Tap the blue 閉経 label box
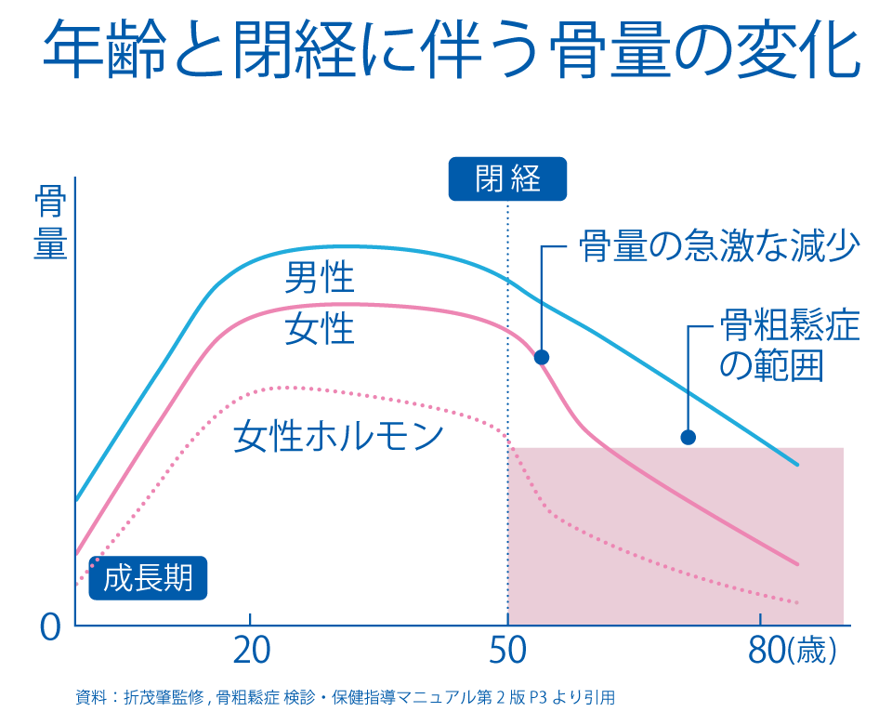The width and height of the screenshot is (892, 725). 507,178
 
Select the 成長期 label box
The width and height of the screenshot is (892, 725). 149,578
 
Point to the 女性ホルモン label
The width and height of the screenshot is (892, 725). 338,436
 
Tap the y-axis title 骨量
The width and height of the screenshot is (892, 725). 50,224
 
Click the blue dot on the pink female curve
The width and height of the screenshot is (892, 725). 542,357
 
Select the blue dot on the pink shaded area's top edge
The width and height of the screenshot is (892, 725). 688,437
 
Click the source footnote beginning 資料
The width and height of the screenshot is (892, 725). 345,697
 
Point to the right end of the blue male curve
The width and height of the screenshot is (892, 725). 797,464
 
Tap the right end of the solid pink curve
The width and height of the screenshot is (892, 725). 797,563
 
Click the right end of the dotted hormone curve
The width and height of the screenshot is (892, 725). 797,602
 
